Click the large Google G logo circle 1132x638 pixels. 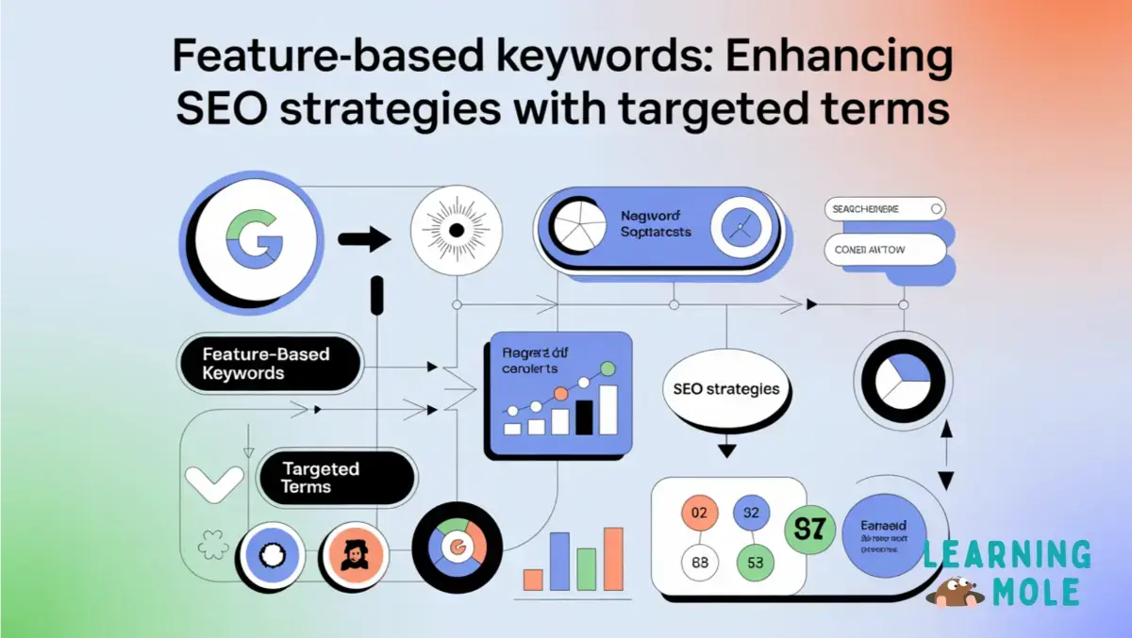coord(247,241)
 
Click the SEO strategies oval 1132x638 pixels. coord(725,388)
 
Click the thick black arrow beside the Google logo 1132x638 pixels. coord(363,239)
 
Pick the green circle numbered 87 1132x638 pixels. coord(809,529)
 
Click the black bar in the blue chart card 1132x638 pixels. coord(586,415)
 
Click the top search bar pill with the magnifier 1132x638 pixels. coord(884,209)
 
